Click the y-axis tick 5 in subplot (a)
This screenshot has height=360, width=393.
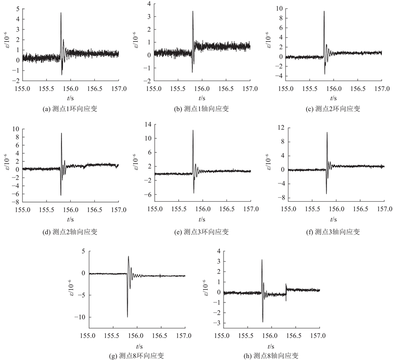point(17,9)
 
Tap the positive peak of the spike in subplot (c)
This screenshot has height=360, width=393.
point(324,11)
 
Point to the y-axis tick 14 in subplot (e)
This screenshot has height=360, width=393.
point(148,125)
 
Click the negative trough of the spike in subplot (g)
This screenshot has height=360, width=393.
point(127,317)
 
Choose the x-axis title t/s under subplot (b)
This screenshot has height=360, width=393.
point(202,98)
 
